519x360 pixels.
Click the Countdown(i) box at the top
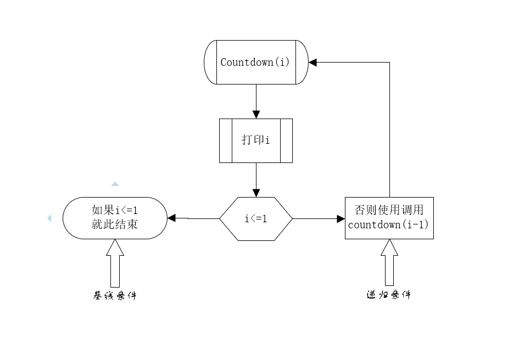[x=255, y=62]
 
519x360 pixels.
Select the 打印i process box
[x=255, y=140]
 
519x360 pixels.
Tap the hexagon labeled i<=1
[x=255, y=218]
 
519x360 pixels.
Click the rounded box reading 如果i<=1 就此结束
[x=115, y=218]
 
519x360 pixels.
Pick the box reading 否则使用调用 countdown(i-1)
[x=389, y=218]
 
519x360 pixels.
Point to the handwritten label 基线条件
[x=114, y=295]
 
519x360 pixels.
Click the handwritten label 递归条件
[x=389, y=295]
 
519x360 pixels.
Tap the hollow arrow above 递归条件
[x=389, y=263]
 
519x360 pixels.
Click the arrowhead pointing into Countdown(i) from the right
[x=313, y=63]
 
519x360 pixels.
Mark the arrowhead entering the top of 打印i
[x=256, y=114]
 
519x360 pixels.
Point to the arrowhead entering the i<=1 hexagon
[x=256, y=193]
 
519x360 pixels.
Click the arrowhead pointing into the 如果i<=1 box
[x=171, y=218]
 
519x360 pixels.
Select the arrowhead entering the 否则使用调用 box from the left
[x=341, y=218]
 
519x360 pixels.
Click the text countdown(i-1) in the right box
[x=389, y=224]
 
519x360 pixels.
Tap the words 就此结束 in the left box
[x=115, y=224]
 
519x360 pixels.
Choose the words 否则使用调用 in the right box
[x=389, y=211]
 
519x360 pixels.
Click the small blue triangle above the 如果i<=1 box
[x=115, y=184]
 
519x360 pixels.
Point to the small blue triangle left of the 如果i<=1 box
[x=49, y=218]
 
